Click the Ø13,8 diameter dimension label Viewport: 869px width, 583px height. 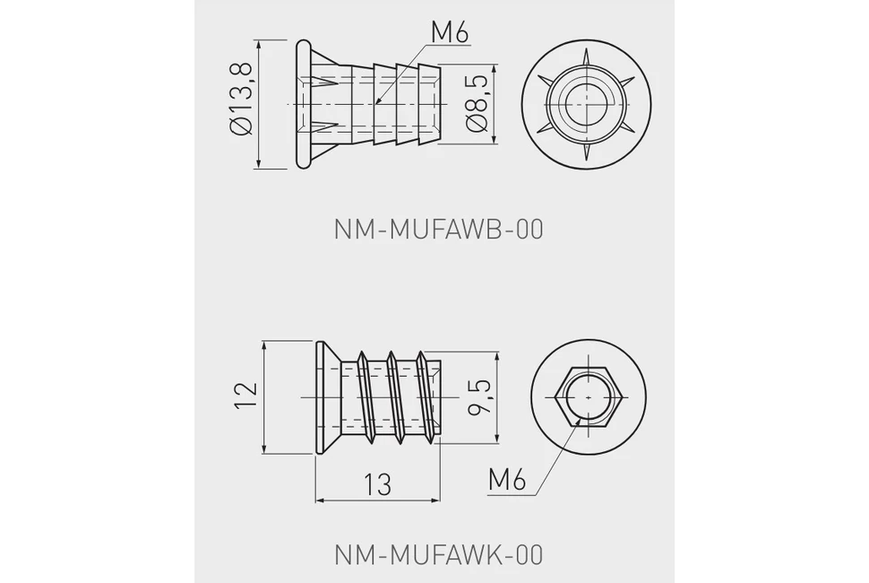pos(242,99)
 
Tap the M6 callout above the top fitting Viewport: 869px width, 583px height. pos(450,33)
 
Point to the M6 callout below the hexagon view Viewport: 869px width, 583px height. pos(506,479)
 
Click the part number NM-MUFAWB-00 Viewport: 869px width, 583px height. pos(438,229)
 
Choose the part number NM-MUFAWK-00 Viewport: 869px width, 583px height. pos(438,554)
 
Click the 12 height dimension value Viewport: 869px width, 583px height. pos(246,396)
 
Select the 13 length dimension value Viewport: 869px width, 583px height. pos(377,483)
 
